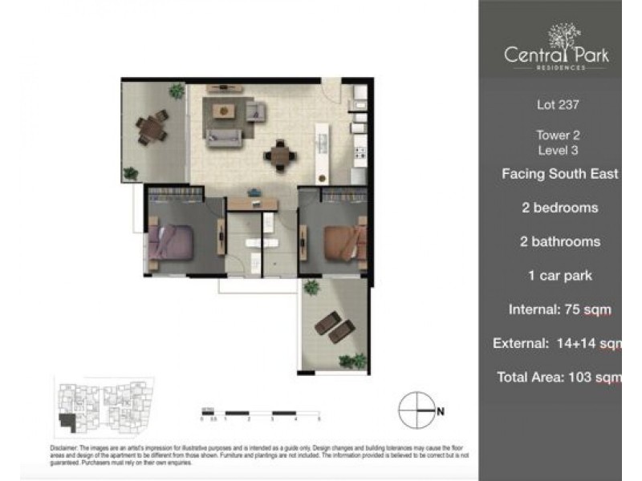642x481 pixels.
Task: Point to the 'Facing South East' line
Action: pyautogui.click(x=560, y=173)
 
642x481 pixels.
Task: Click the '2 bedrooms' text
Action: pyautogui.click(x=559, y=208)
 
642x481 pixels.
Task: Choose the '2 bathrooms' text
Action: pyautogui.click(x=559, y=241)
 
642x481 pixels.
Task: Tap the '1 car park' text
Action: pyautogui.click(x=559, y=276)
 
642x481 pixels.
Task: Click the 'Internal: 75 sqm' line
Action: pyautogui.click(x=559, y=309)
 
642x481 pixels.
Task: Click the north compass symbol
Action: pyautogui.click(x=417, y=410)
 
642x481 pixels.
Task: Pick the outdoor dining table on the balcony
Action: pyautogui.click(x=150, y=128)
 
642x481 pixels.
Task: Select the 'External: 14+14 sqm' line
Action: pyautogui.click(x=560, y=344)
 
